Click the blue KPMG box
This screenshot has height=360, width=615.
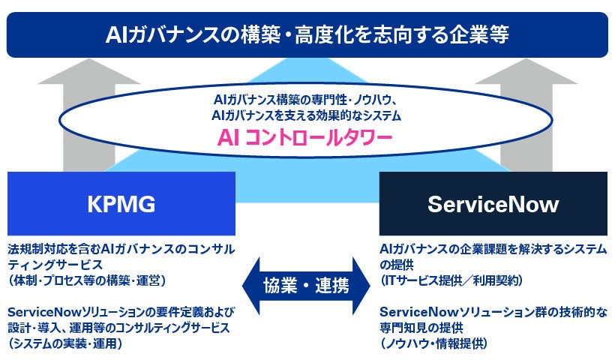coord(121,203)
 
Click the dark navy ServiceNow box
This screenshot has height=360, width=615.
coord(493,203)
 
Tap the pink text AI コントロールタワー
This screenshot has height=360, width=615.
coord(304,138)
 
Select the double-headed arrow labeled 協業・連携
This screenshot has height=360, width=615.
coord(306,286)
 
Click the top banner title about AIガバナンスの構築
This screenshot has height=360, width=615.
coord(307,34)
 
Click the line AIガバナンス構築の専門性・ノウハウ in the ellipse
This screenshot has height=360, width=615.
coord(305,100)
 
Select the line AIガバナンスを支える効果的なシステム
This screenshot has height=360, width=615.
coord(306,115)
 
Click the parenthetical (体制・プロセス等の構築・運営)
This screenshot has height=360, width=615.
coord(87,280)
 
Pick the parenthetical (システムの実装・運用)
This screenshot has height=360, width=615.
coord(65,343)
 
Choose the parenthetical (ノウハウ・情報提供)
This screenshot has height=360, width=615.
coord(433,343)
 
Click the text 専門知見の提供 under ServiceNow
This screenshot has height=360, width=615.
coord(415,328)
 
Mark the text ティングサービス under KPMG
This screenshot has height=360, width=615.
coord(55,265)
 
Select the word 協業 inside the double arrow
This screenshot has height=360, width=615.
coord(280,286)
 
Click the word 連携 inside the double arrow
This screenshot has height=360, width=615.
coord(331,286)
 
